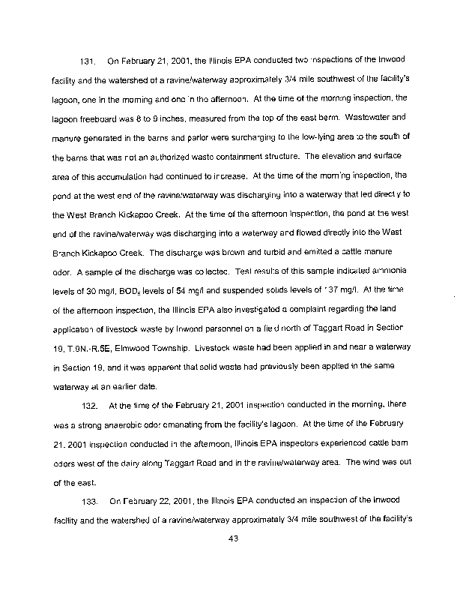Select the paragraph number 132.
(88, 406)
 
